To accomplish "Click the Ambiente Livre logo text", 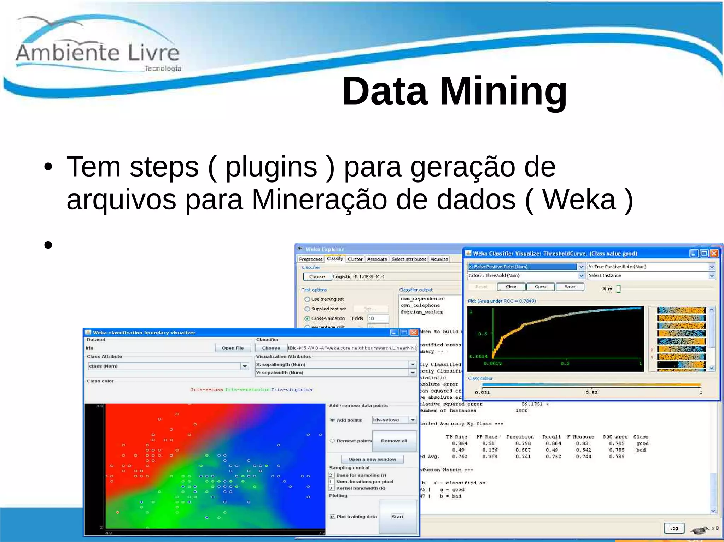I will tap(98, 53).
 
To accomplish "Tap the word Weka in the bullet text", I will tap(580, 200).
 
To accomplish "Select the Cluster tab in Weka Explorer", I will tap(355, 259).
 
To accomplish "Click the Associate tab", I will tap(377, 259).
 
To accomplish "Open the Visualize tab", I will tap(439, 259).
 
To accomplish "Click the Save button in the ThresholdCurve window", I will tap(570, 287).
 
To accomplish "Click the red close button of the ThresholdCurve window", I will tap(714, 253).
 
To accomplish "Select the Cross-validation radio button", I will tap(307, 318).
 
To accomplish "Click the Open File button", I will tap(233, 348).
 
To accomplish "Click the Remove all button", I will tap(394, 441).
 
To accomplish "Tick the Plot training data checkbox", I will tap(332, 517).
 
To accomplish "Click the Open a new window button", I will tap(372, 459).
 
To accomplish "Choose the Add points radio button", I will tap(332, 420).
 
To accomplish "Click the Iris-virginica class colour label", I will tap(292, 390).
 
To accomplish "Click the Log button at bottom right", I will tap(674, 528).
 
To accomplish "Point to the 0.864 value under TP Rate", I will tap(460, 443).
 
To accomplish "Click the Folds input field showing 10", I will tap(378, 318).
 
